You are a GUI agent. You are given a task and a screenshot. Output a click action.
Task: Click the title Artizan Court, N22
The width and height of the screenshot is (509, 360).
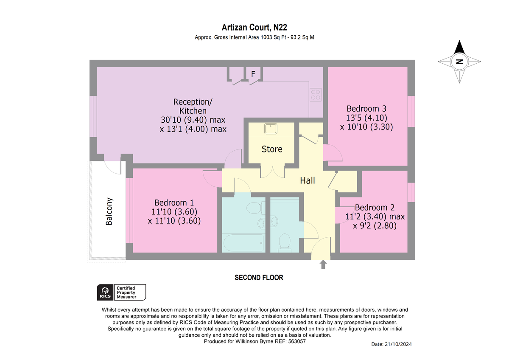(x=254, y=27)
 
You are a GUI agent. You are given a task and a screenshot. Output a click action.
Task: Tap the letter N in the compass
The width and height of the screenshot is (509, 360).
(x=459, y=62)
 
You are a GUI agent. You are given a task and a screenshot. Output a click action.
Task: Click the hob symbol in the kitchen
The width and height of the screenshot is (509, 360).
(x=316, y=95)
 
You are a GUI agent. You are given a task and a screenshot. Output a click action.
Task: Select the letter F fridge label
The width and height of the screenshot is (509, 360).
(x=253, y=74)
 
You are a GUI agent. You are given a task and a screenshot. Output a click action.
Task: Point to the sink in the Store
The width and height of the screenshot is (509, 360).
(x=271, y=129)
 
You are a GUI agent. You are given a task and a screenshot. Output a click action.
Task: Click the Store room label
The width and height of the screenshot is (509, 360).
(x=272, y=149)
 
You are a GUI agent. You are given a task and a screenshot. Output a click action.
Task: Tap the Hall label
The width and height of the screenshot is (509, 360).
(x=307, y=180)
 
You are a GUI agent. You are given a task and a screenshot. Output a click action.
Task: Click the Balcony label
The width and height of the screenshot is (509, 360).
(x=109, y=211)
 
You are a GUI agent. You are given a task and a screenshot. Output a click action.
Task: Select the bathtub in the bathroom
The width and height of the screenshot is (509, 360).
(x=243, y=242)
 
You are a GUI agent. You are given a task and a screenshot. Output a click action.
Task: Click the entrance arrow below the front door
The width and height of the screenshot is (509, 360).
(x=323, y=264)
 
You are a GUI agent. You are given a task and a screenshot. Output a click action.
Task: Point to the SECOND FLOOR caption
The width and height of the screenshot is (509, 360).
(x=259, y=278)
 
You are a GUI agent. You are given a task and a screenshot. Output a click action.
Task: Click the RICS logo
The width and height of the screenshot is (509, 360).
(x=105, y=292)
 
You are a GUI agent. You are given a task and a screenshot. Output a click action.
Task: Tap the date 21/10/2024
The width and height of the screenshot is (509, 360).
(x=398, y=344)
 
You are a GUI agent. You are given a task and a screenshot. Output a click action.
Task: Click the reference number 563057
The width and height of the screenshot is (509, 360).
(x=297, y=341)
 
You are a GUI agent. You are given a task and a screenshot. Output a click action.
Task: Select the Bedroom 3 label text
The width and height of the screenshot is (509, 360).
(x=366, y=109)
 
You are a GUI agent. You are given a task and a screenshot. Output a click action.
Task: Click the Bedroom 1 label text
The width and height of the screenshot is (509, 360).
(x=174, y=202)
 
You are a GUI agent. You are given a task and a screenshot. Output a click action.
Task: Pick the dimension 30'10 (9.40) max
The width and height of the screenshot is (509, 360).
(x=193, y=120)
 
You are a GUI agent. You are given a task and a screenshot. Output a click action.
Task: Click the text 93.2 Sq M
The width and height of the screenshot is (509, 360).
(x=302, y=37)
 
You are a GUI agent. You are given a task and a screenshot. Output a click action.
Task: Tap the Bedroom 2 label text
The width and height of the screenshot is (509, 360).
(x=375, y=208)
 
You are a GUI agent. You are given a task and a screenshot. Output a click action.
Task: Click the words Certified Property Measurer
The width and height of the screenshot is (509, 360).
(x=126, y=292)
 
